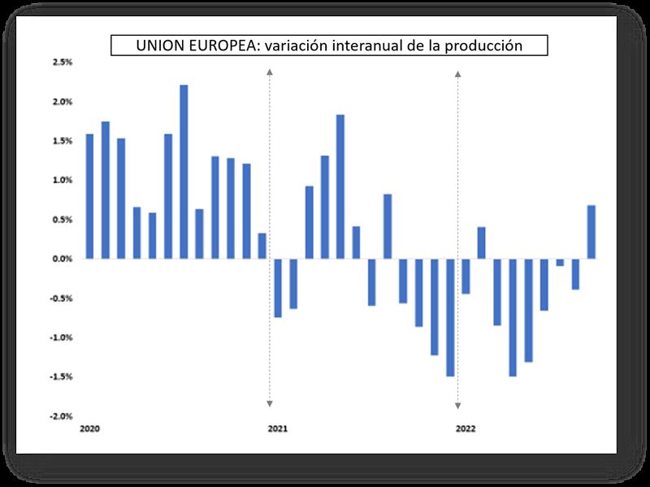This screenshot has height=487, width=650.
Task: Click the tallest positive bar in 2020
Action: tap(184, 172)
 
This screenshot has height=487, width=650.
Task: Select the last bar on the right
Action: tap(591, 232)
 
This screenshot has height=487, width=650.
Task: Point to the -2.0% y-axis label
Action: tap(62, 416)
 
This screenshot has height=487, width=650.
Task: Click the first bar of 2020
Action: tap(89, 196)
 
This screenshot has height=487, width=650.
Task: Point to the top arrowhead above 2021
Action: tap(270, 73)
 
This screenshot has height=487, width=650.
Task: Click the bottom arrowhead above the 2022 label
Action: tap(458, 404)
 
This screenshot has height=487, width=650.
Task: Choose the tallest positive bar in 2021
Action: tap(340, 187)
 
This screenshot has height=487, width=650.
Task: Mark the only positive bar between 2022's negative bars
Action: tap(481, 242)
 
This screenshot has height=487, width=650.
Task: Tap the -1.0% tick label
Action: tap(62, 337)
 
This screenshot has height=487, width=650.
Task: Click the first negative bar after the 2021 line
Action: tap(278, 288)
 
